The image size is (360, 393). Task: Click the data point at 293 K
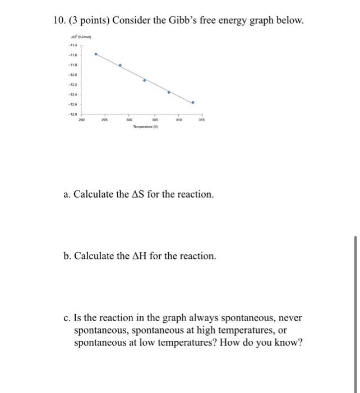(96, 54)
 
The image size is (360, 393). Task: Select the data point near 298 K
(120, 65)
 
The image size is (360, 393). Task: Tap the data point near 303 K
(144, 80)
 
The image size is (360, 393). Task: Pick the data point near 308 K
(169, 92)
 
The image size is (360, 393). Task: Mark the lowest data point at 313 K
(193, 103)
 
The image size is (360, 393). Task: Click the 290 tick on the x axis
(82, 120)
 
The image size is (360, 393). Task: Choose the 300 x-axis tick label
(129, 120)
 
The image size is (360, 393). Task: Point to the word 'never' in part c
(288, 318)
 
